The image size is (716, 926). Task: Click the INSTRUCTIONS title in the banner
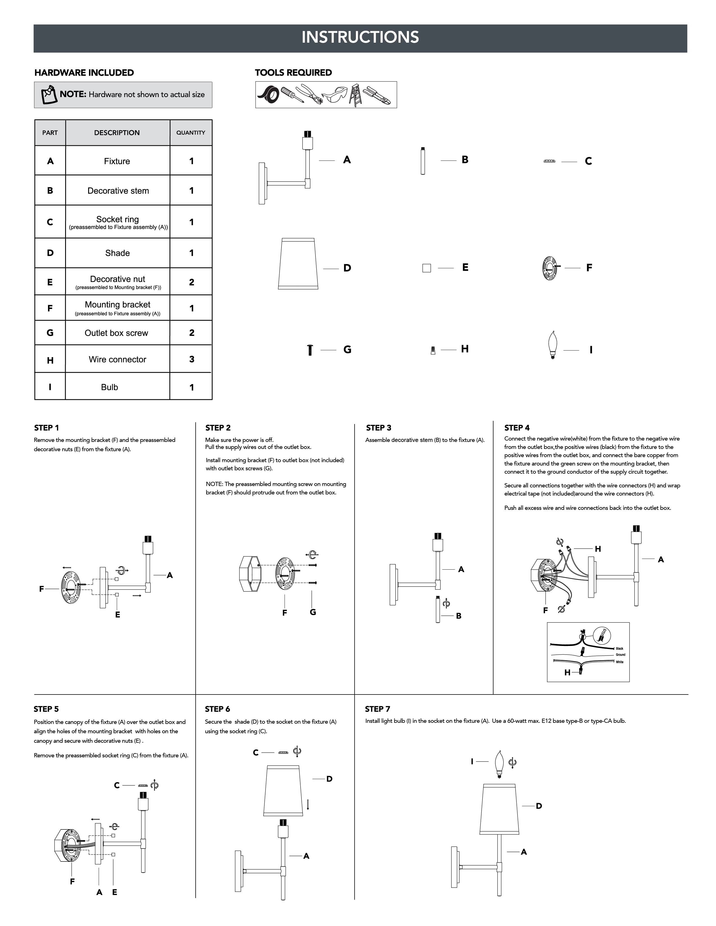(x=360, y=37)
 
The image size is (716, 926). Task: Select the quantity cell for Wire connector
(x=191, y=359)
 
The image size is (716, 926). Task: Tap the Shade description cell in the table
(x=118, y=253)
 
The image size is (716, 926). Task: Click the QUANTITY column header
(x=191, y=133)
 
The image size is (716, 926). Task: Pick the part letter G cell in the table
(x=50, y=333)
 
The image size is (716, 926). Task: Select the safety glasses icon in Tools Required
(x=335, y=95)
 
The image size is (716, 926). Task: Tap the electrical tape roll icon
(x=268, y=96)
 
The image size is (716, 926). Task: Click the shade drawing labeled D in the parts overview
(x=298, y=264)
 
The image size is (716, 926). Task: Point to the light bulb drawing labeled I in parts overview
(x=552, y=345)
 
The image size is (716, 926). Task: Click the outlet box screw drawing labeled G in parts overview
(x=310, y=350)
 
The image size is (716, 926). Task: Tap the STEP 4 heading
(x=517, y=428)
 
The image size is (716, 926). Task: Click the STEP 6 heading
(x=217, y=709)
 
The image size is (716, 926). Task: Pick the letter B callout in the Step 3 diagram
(x=459, y=616)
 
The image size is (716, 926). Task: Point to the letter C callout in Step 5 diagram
(x=117, y=785)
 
